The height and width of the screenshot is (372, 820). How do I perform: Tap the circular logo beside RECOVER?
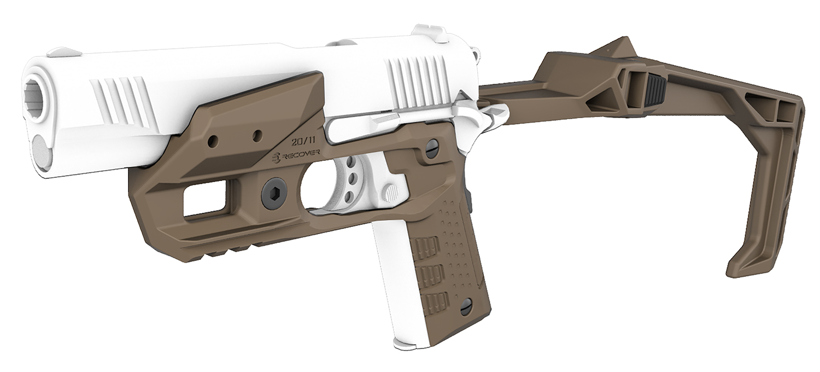pyautogui.click(x=277, y=158)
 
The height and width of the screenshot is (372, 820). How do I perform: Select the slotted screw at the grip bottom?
pyautogui.click(x=466, y=308)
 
